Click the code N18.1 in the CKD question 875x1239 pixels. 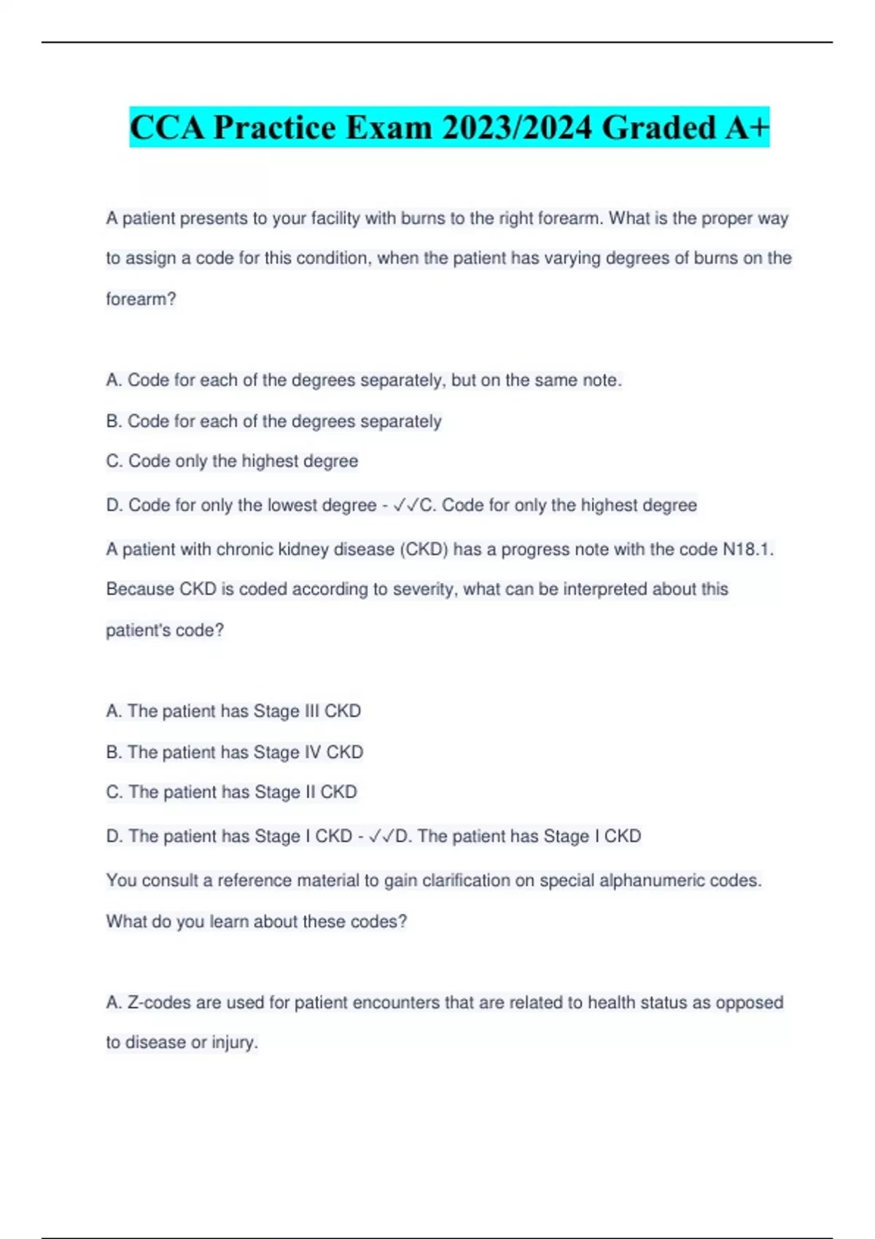click(x=747, y=550)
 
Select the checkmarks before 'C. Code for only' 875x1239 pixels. click(x=406, y=505)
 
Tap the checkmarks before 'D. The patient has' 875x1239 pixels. click(x=382, y=836)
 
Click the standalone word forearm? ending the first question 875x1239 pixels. click(x=141, y=300)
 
